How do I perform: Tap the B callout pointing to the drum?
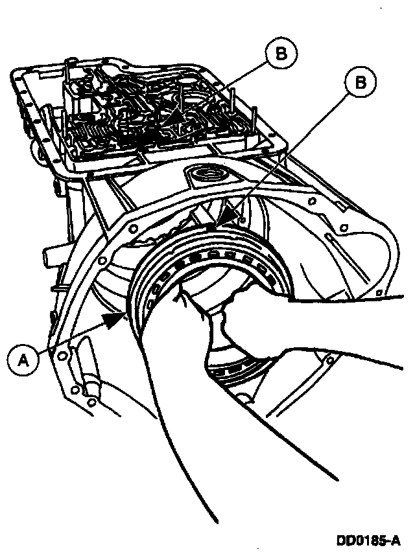pos(358,82)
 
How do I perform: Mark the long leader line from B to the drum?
pos(285,152)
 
